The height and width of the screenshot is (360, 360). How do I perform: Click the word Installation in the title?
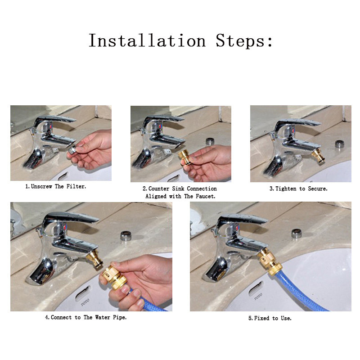point(147,40)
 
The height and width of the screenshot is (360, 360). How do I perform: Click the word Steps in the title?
point(244,40)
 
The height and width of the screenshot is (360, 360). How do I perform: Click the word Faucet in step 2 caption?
point(205,196)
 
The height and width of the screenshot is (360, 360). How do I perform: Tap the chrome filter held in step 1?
point(73,150)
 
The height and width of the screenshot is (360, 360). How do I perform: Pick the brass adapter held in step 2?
point(184,157)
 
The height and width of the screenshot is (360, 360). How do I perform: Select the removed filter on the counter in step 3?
point(339,144)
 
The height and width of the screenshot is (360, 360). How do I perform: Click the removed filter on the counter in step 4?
point(126,236)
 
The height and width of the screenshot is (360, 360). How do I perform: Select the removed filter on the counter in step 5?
point(297,234)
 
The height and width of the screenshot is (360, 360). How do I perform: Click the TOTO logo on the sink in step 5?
point(258,297)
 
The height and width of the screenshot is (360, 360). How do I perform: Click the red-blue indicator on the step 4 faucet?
point(66,227)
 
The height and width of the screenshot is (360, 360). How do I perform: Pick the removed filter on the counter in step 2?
point(210,141)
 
